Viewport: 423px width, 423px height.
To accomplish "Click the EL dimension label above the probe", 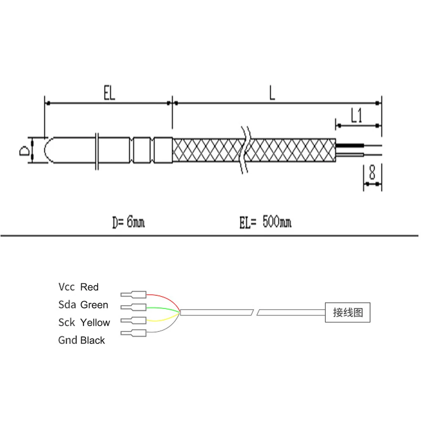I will click(109, 94).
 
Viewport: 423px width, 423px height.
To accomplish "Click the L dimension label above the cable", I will click(272, 93).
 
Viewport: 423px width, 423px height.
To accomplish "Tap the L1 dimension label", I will click(357, 115).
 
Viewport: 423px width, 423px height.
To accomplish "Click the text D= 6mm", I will click(128, 222).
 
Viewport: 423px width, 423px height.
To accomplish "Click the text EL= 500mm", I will click(265, 222).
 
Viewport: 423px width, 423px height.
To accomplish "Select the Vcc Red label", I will click(78, 287).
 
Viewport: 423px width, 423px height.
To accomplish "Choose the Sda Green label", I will click(83, 305).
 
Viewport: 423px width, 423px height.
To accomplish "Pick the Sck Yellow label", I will click(84, 322).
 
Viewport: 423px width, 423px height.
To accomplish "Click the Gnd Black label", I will click(81, 340).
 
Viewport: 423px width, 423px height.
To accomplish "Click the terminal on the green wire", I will click(134, 307).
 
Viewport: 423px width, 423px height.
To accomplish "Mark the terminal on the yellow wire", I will click(134, 320).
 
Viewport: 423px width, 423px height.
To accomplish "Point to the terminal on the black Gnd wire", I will click(134, 333).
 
